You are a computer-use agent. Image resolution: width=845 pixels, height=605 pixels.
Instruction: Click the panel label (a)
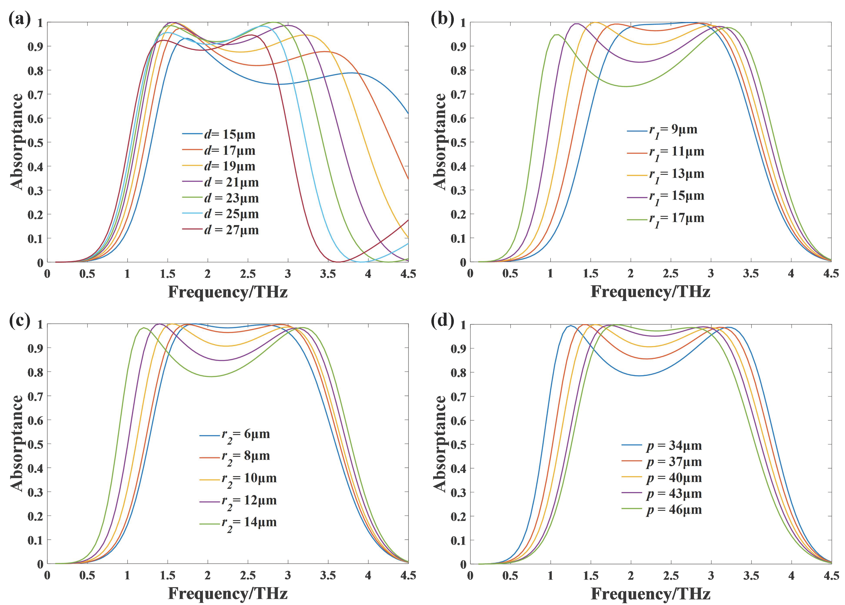19,19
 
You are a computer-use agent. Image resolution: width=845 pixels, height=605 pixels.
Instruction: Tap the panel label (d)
442,321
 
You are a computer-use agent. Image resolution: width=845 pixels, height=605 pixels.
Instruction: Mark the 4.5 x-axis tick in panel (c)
408,576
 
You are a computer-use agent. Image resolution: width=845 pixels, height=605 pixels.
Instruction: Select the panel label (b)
442,19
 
